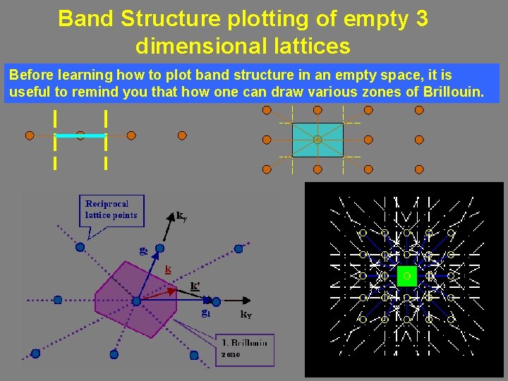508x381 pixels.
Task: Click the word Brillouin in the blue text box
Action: [x=453, y=92]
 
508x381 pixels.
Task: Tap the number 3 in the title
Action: [x=421, y=19]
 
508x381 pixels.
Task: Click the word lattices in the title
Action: [x=311, y=47]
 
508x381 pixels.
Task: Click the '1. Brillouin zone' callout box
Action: [x=244, y=349]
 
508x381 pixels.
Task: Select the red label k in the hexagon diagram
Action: [x=168, y=269]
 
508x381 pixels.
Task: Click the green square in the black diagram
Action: [x=406, y=276]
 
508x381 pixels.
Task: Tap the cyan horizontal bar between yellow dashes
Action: [x=80, y=135]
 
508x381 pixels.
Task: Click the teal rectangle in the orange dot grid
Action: [x=317, y=140]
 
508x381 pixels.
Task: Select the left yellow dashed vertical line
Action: [x=55, y=140]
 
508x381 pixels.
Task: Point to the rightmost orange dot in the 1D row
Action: [x=182, y=135]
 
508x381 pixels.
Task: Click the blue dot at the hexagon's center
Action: [x=136, y=301]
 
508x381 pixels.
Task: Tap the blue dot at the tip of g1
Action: [x=216, y=301]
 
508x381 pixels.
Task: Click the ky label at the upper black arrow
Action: [x=181, y=215]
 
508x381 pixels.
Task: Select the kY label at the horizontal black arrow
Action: [x=246, y=315]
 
